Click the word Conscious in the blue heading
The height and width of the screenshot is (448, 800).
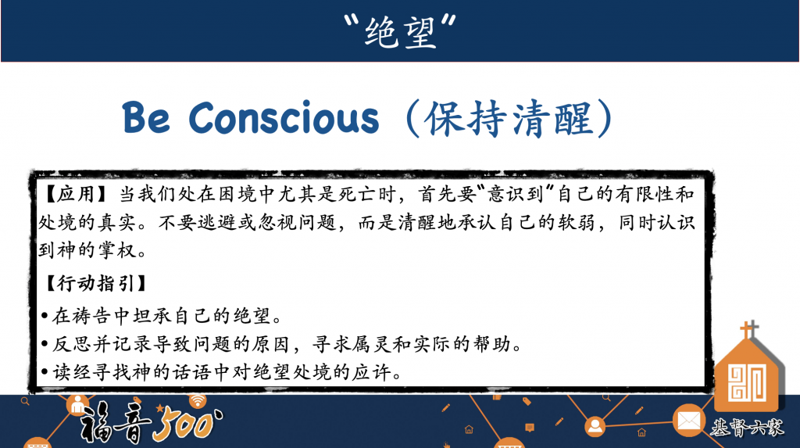284,118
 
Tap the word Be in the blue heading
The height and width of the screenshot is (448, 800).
146,118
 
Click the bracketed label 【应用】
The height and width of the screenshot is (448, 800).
77,194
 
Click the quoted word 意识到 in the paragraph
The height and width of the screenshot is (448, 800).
516,194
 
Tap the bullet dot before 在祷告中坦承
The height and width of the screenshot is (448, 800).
45,317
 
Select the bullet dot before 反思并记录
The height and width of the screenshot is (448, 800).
45,344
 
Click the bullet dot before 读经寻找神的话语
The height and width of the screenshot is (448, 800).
45,372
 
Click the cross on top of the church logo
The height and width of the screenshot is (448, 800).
749,329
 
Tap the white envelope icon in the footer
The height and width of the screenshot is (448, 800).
689,421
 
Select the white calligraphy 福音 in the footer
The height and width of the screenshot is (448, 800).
116,422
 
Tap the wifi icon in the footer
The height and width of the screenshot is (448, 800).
198,400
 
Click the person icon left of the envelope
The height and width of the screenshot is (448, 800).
595,426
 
